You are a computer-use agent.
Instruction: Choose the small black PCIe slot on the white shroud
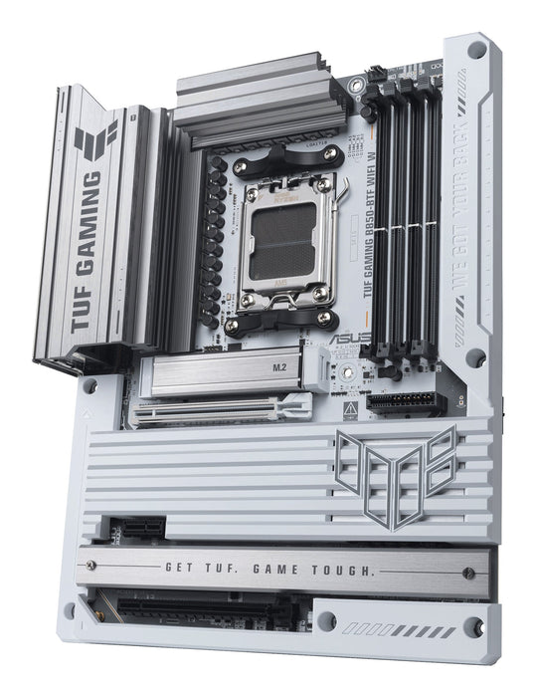click(129, 526)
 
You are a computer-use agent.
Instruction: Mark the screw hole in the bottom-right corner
click(474, 626)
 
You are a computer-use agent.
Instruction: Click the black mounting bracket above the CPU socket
click(288, 157)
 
